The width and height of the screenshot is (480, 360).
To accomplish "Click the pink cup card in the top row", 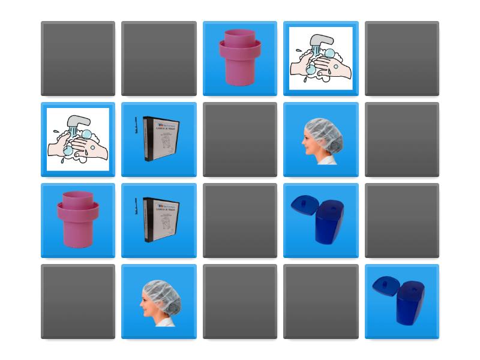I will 240,58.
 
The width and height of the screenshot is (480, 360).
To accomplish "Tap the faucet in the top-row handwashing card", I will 321,43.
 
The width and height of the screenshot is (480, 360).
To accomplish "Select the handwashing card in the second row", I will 78,139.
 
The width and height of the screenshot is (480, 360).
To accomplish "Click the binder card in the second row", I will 159,139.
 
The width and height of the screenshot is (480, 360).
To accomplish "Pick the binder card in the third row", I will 159,220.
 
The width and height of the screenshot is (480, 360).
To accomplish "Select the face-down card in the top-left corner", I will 78,58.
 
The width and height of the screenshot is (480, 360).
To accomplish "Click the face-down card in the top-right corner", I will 402,58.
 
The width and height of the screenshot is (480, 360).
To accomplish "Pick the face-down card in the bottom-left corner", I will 78,301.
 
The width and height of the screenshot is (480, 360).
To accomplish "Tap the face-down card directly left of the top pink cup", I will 159,58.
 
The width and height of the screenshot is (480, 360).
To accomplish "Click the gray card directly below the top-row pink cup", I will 240,139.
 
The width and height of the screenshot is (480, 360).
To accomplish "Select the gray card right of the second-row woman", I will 402,139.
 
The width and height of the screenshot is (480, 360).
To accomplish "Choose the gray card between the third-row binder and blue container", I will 240,220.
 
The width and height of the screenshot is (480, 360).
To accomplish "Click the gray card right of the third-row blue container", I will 402,220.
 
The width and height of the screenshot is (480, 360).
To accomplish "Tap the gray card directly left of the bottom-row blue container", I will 321,301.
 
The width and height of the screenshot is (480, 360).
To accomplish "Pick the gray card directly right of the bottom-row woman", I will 240,301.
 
